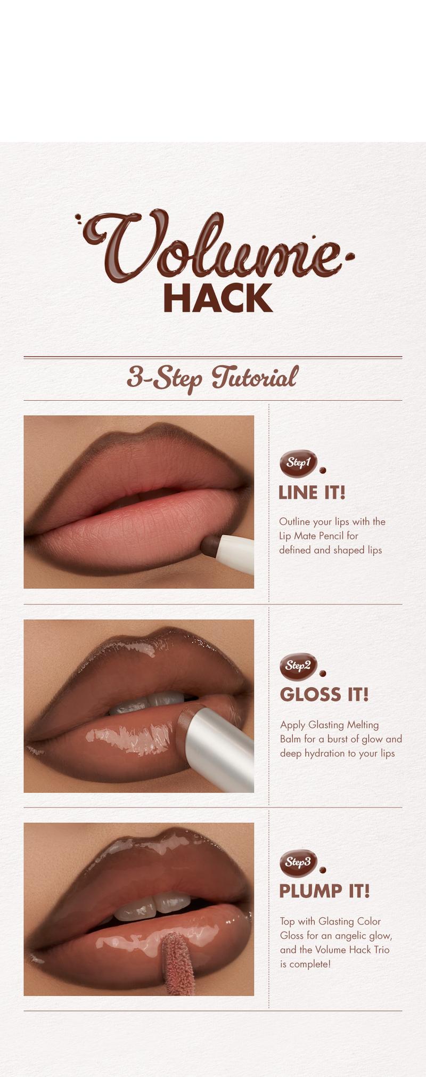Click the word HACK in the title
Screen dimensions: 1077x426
[x=218, y=298]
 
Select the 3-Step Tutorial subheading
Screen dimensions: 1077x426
[x=212, y=378]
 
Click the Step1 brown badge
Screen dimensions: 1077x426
[x=298, y=463]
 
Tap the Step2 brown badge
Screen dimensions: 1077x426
[x=298, y=666]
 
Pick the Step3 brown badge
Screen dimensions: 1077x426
[x=298, y=863]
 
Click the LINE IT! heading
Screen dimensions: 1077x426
[x=312, y=492]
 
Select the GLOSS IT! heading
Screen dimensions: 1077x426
[x=324, y=694]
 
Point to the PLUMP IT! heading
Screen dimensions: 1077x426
[x=324, y=891]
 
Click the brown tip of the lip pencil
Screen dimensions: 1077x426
[x=209, y=544]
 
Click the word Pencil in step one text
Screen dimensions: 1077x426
[x=332, y=536]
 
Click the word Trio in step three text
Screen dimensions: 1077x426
[x=380, y=950]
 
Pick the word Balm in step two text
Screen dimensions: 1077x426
[x=290, y=739]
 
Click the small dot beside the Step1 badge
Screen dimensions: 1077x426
[x=323, y=470]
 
